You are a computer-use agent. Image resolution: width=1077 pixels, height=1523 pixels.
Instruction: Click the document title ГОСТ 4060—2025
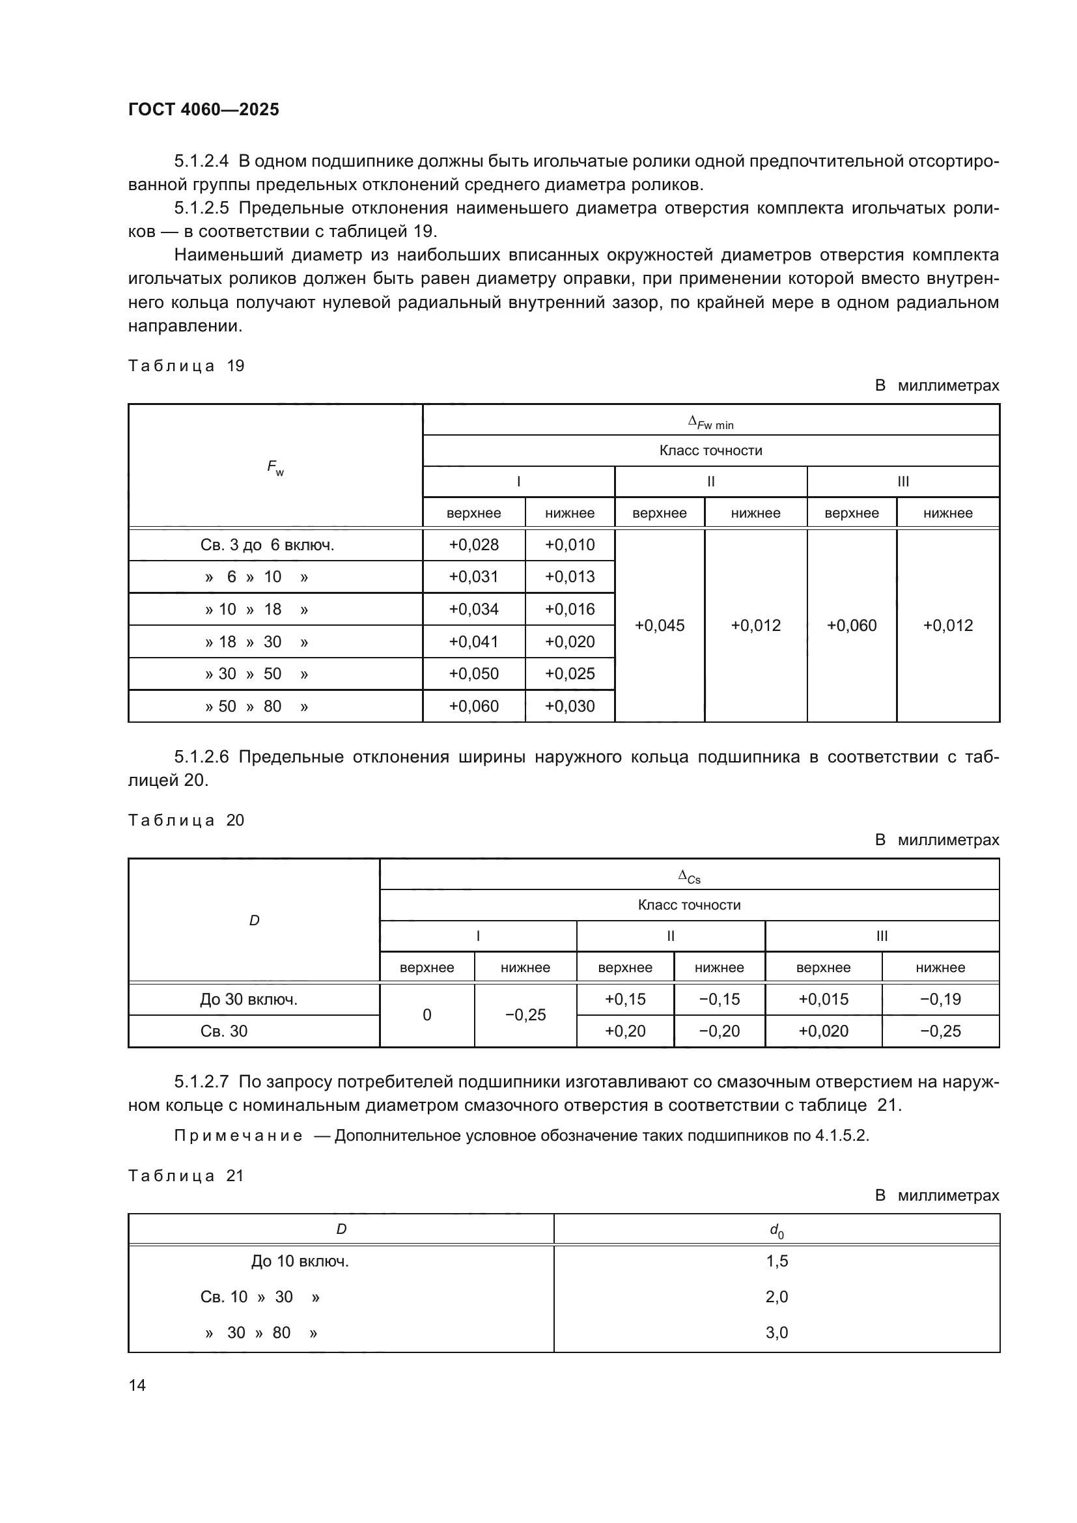(204, 109)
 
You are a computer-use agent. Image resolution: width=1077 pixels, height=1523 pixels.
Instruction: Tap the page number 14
(137, 1385)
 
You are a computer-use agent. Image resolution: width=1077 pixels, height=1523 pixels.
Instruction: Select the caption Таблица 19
(186, 366)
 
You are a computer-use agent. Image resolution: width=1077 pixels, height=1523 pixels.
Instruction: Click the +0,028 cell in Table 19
(473, 544)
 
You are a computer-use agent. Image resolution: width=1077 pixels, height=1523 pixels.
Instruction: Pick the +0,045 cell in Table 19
(659, 626)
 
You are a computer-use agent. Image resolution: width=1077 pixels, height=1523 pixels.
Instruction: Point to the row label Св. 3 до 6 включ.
(267, 545)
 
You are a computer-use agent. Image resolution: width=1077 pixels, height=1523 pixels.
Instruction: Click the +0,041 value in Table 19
(473, 641)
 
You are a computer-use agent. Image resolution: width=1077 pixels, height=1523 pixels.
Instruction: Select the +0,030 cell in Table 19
(570, 706)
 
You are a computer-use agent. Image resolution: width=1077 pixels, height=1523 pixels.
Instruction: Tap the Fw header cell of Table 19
(275, 467)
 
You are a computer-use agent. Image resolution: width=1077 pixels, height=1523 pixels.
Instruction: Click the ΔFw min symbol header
(710, 422)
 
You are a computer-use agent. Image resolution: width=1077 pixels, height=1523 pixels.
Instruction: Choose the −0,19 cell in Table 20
(940, 999)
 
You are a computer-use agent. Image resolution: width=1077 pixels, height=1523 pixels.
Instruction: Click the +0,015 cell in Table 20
(823, 999)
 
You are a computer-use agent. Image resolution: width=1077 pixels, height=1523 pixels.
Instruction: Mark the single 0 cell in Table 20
(427, 1015)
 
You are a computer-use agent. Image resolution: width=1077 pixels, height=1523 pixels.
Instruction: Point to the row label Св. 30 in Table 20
(224, 1031)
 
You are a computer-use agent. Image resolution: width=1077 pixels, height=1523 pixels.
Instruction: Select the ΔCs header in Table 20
(689, 877)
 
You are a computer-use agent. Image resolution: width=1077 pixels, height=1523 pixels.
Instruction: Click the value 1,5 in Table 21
(777, 1261)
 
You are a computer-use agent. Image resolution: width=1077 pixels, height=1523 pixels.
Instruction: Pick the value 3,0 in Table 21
(777, 1333)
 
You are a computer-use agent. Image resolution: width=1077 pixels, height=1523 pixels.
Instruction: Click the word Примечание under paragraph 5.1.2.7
(239, 1136)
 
